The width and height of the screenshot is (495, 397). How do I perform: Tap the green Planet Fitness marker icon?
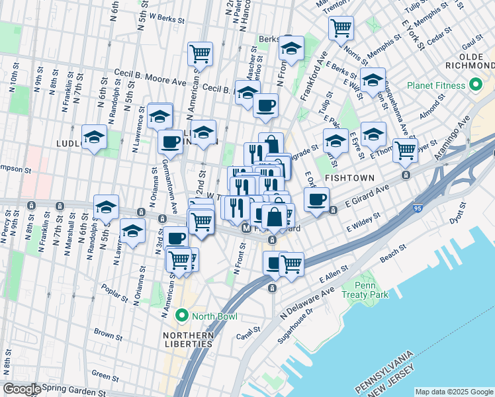coord(475,85)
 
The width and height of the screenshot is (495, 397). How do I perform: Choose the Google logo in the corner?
coord(21,389)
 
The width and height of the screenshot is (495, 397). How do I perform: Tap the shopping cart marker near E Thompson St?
coord(404,150)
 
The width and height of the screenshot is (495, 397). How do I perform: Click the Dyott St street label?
coord(457,218)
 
